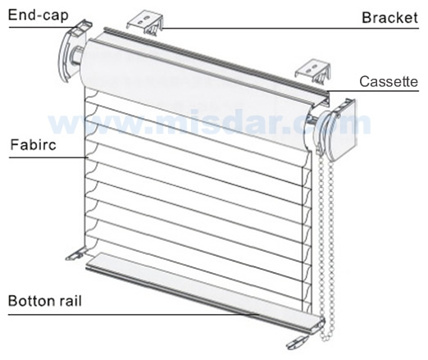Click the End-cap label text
39,16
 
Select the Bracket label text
390,17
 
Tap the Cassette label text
389,81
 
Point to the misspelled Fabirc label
33,144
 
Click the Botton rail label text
45,301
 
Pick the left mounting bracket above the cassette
145,24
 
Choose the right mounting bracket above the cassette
313,72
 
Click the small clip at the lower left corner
75,254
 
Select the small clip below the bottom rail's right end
297,342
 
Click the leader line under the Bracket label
290,29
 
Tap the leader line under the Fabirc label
48,157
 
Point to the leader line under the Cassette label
373,91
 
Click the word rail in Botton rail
71,301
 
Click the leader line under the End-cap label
43,27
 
